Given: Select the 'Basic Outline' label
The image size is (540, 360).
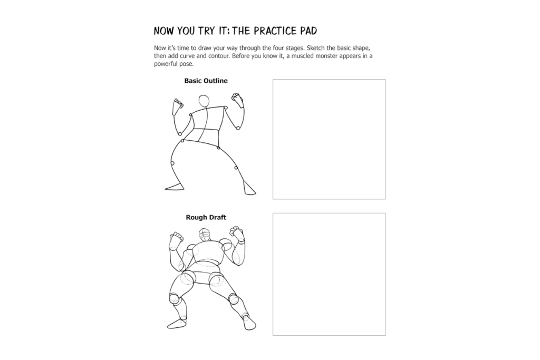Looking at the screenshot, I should click(206, 81).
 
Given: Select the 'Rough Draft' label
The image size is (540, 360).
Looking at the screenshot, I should click(206, 217).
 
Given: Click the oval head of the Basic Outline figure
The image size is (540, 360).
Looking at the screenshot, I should click(204, 101).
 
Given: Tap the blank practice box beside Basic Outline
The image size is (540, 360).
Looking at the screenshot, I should click(329, 139).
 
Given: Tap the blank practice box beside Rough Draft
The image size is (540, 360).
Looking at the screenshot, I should click(329, 274).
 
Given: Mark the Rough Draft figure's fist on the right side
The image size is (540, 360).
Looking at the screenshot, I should click(237, 233).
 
